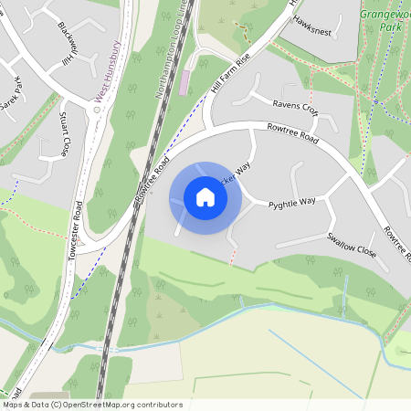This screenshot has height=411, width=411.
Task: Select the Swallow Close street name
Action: coord(352,243)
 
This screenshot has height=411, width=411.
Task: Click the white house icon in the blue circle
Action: coord(205,197)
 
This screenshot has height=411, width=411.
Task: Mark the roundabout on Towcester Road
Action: coord(96,108)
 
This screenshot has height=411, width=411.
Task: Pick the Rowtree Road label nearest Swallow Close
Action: coord(397,248)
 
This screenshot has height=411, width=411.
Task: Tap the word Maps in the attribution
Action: coord(13,405)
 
